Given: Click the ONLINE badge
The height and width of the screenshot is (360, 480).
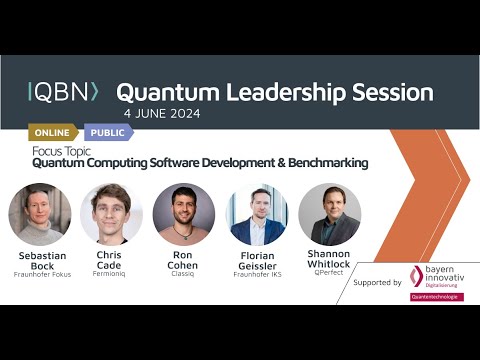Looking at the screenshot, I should (x=52, y=132).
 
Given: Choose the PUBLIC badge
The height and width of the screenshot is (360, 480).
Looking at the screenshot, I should (x=106, y=132).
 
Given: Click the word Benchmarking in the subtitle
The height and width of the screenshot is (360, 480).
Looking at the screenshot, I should (x=319, y=162).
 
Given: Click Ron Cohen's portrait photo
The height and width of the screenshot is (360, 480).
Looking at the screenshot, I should (x=184, y=214).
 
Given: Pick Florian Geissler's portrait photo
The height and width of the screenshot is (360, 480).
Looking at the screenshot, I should (x=257, y=214).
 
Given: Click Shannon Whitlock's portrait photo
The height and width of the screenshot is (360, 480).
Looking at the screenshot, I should (x=329, y=214).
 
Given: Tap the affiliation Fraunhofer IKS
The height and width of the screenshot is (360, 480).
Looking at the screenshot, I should (x=257, y=274).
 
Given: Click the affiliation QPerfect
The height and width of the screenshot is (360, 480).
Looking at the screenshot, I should (x=329, y=271).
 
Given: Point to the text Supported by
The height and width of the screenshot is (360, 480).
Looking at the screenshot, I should (x=377, y=283).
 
